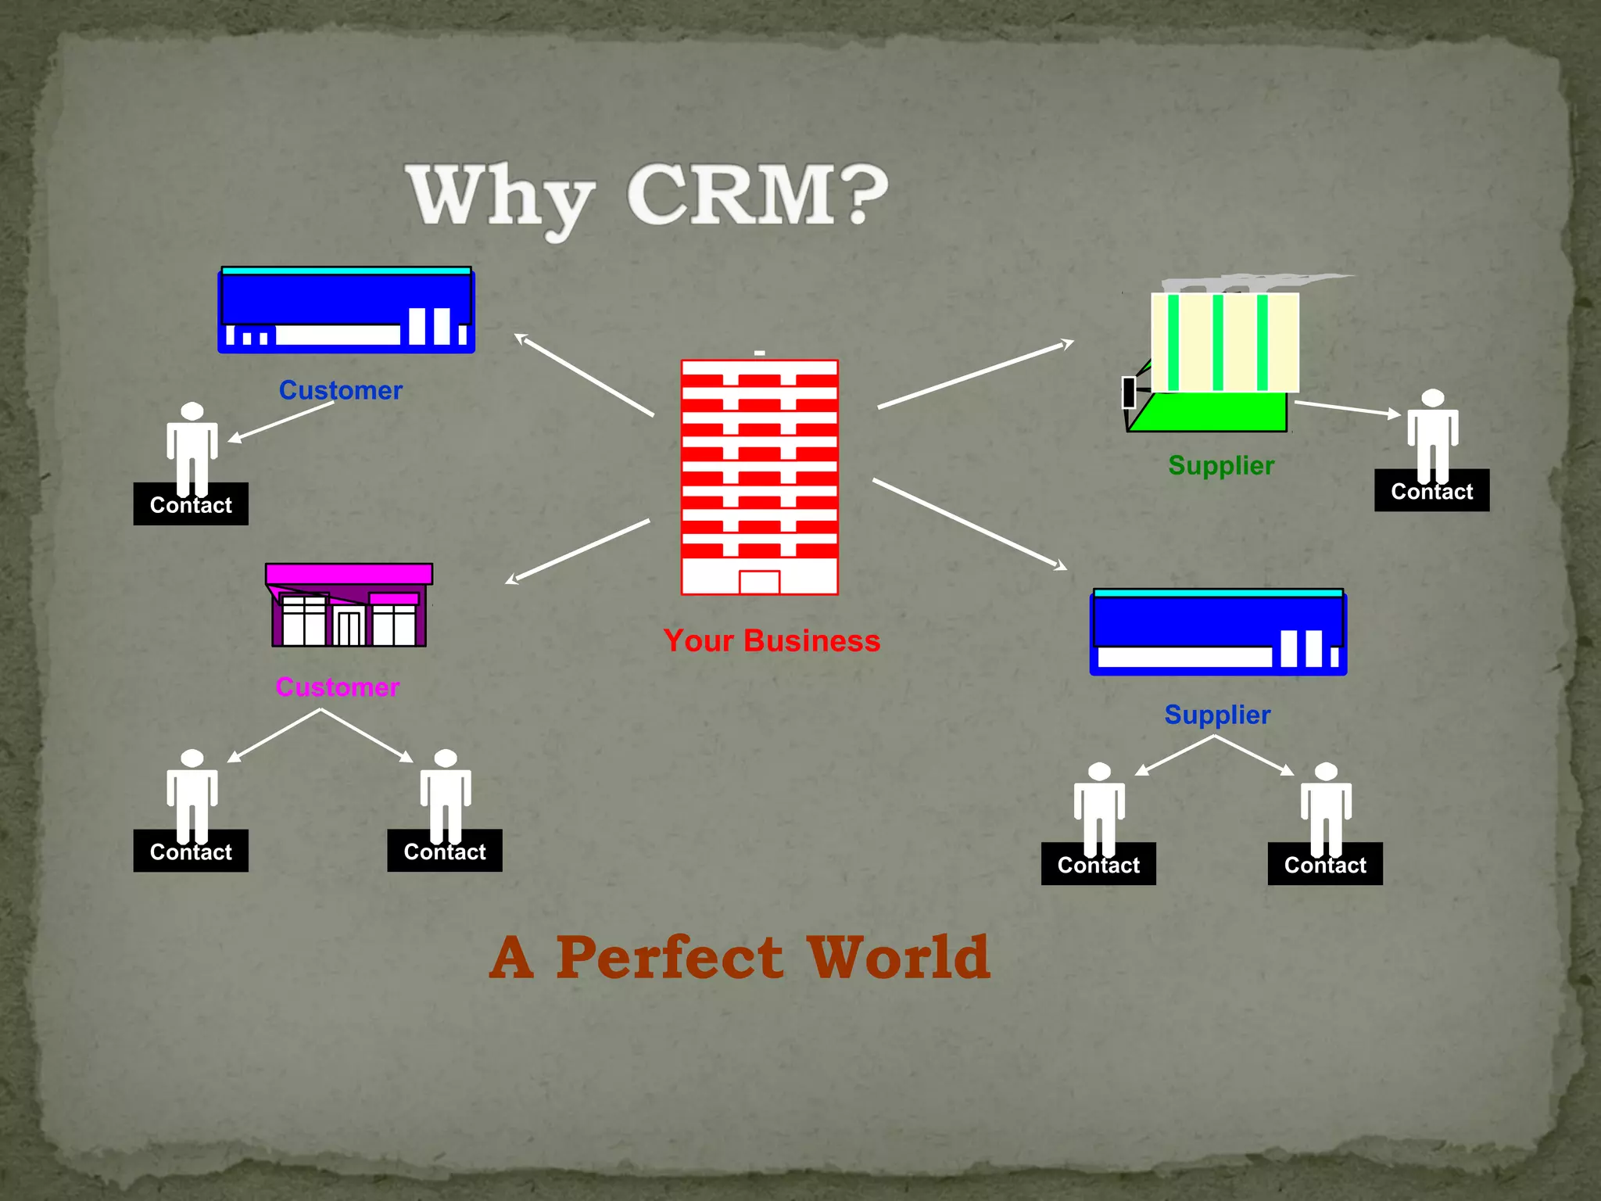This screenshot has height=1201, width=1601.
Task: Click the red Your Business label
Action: (x=771, y=641)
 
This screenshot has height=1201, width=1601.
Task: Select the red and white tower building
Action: (x=759, y=477)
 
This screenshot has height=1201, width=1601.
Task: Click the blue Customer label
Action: (x=341, y=390)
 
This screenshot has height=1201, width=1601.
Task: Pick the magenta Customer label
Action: (x=337, y=687)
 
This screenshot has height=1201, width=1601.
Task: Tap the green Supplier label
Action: (x=1220, y=465)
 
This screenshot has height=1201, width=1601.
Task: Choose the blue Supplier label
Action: (x=1217, y=715)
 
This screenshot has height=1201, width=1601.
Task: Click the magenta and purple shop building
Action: (x=349, y=605)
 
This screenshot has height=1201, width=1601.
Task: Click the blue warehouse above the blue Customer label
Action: (x=346, y=310)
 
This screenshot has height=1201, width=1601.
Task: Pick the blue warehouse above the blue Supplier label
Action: (x=1218, y=632)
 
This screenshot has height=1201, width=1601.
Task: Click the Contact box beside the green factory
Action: (x=1431, y=492)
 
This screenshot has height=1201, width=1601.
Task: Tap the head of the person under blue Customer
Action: (x=192, y=411)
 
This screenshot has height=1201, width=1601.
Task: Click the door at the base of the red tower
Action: (x=759, y=583)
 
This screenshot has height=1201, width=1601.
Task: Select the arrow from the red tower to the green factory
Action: (x=975, y=375)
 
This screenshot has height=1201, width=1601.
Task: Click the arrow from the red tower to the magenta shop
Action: (x=578, y=551)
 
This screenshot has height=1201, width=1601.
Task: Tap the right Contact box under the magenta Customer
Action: (x=445, y=851)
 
